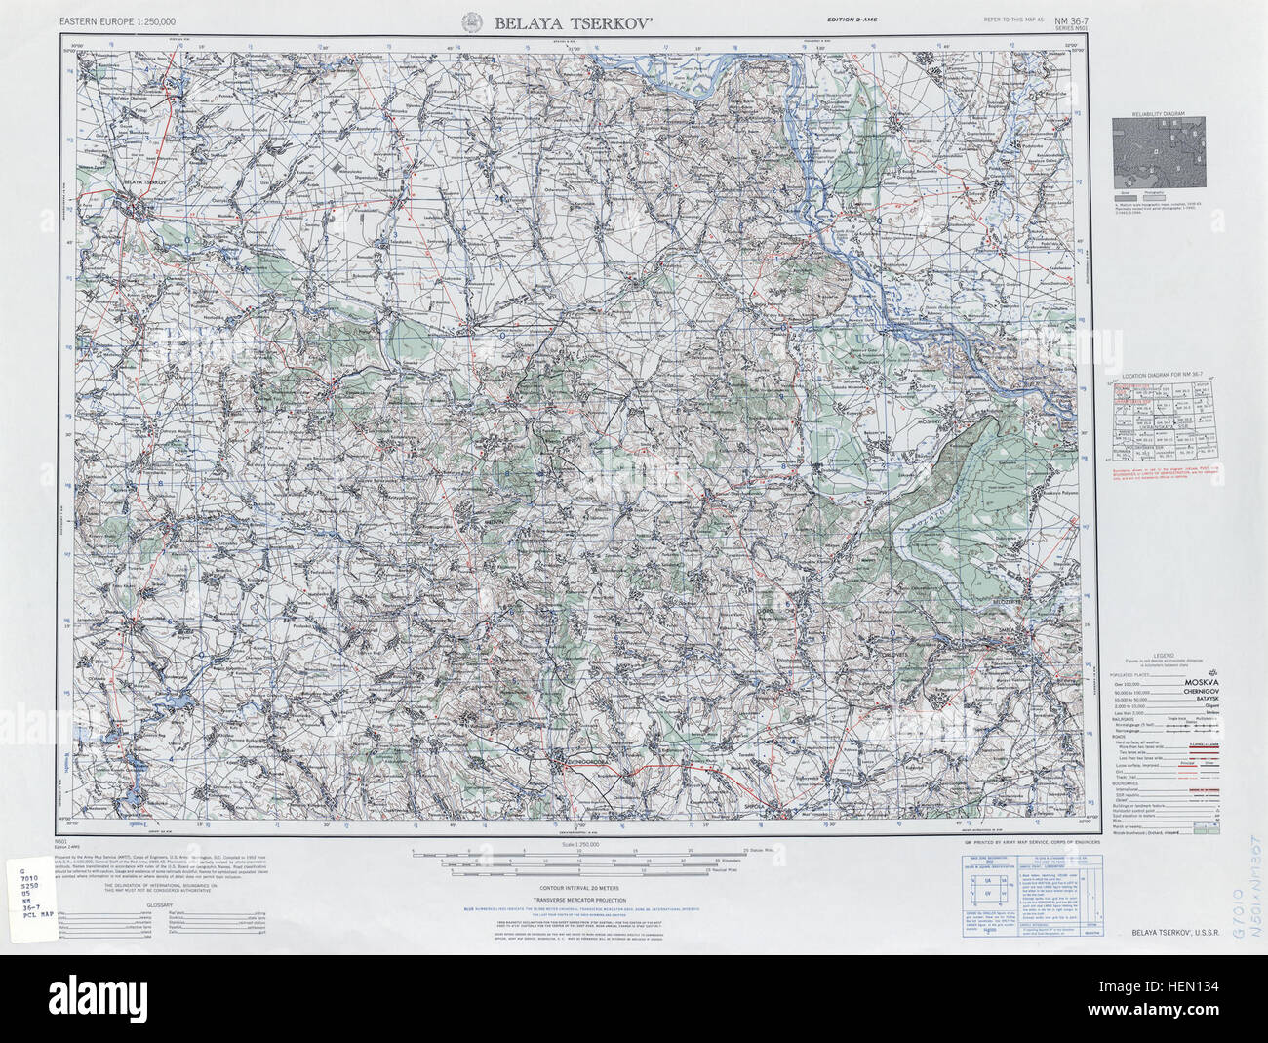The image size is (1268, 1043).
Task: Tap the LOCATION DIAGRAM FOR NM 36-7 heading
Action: coord(1158,376)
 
